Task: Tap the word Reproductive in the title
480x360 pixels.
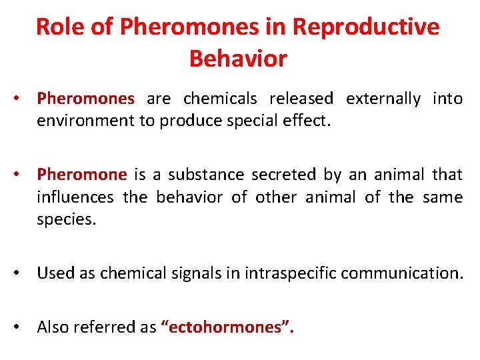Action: coord(366,27)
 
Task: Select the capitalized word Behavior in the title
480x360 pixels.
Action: coord(238,59)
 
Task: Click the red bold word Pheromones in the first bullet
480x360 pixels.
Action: coord(86,99)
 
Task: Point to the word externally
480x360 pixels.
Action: coord(383,99)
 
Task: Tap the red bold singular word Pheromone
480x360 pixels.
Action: coord(81,175)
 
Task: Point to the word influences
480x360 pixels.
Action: coord(74,197)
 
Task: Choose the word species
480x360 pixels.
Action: coord(67,220)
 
